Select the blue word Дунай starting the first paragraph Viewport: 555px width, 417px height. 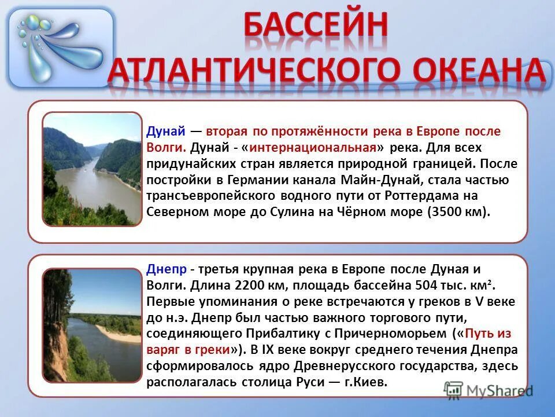tap(161, 131)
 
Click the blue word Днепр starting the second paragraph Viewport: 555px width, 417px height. tap(166, 269)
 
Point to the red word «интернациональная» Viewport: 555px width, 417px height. tap(321, 148)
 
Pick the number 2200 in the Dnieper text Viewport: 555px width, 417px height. tap(251, 286)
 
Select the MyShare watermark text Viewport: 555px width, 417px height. tap(497, 391)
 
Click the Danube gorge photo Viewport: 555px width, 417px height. tap(92, 169)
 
